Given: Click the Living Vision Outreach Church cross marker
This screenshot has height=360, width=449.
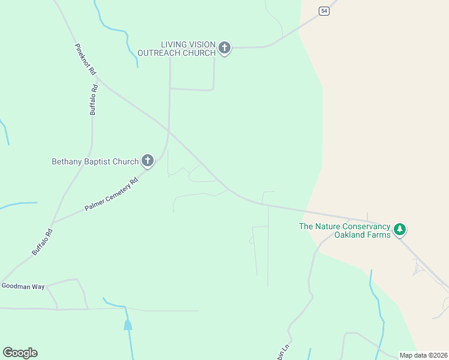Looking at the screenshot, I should [224, 48].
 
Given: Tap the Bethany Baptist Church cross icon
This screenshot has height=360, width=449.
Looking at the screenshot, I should [148, 161].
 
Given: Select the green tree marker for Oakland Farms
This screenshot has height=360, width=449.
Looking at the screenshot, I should [400, 229].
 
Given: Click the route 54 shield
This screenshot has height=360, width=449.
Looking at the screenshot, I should [324, 11].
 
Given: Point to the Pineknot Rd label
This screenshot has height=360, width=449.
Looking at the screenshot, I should [85, 59].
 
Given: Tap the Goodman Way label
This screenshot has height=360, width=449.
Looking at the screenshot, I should [23, 287].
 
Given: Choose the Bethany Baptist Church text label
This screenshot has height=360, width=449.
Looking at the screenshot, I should [95, 161].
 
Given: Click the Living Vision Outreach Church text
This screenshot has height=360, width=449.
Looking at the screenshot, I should [176, 49].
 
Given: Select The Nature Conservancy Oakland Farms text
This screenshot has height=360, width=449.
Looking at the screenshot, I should [345, 230].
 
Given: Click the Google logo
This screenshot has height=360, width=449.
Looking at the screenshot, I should [20, 353].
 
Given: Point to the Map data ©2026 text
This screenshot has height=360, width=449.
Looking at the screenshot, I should [423, 355].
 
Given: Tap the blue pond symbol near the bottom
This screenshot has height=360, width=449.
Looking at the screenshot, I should [128, 325].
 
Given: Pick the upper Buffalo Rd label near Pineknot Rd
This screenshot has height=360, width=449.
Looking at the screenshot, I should [93, 99].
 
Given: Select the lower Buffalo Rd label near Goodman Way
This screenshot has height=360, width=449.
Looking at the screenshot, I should [43, 241].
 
